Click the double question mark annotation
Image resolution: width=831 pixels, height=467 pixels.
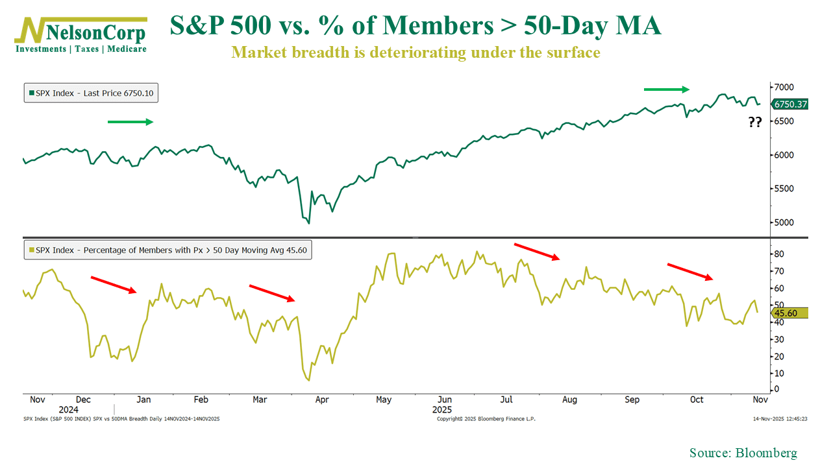click(755, 122)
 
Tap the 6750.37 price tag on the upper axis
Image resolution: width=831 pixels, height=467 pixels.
click(789, 104)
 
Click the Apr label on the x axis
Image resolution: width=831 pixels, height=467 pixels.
click(322, 400)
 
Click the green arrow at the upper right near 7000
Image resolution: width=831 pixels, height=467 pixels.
click(667, 89)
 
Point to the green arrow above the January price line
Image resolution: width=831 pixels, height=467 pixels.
click(130, 121)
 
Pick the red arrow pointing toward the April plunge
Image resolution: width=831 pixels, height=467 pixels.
click(273, 293)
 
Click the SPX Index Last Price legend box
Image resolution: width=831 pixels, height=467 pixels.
click(91, 93)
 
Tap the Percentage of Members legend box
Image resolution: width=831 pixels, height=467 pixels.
click(167, 250)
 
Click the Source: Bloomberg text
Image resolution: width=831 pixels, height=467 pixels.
click(743, 453)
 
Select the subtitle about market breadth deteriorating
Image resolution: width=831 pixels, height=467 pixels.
click(415, 53)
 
